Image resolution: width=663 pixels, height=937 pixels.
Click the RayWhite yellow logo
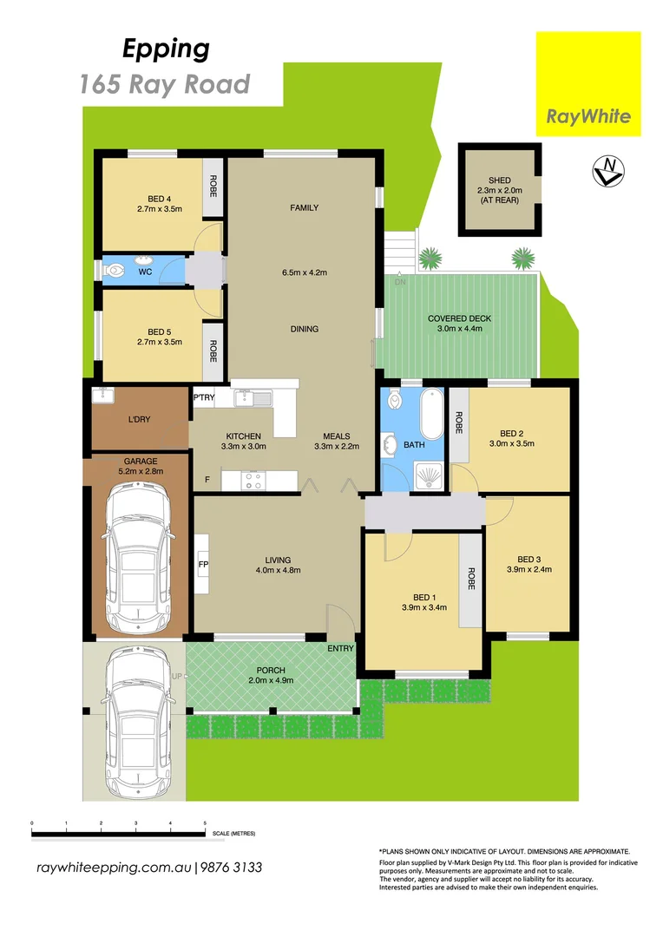(x=588, y=84)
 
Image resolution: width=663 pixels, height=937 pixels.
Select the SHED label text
(x=500, y=180)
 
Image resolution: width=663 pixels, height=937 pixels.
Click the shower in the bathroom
(x=429, y=474)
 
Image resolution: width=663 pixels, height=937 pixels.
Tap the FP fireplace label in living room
(x=203, y=564)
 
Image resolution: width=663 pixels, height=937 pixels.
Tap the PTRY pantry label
(x=204, y=398)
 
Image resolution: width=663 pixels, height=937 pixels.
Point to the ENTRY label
(x=339, y=648)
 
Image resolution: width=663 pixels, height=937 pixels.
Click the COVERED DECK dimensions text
(x=459, y=330)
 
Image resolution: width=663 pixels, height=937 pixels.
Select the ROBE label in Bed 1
(x=471, y=579)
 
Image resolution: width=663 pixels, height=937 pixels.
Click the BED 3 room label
(x=529, y=559)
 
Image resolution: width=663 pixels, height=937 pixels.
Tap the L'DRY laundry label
(x=139, y=419)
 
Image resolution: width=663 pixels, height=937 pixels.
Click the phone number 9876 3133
(x=232, y=868)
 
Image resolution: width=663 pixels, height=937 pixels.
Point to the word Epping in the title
(x=166, y=49)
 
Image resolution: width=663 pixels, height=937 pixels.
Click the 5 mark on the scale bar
(x=205, y=822)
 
